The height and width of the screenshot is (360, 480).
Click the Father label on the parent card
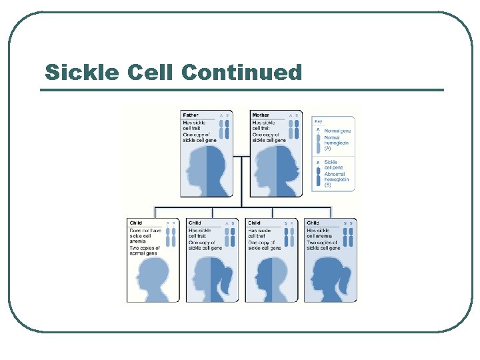(191, 115)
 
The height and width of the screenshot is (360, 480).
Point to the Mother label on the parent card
(261, 115)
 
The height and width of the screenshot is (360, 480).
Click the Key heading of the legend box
(319, 121)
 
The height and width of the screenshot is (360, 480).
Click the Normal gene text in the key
(337, 131)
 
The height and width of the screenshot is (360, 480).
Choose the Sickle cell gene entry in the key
(331, 165)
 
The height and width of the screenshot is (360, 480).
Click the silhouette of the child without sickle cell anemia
(153, 277)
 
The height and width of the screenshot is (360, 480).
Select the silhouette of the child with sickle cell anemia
(329, 277)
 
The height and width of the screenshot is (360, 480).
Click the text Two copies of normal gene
(144, 251)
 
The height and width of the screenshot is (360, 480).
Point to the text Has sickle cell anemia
(321, 233)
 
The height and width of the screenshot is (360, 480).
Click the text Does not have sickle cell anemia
(145, 235)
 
